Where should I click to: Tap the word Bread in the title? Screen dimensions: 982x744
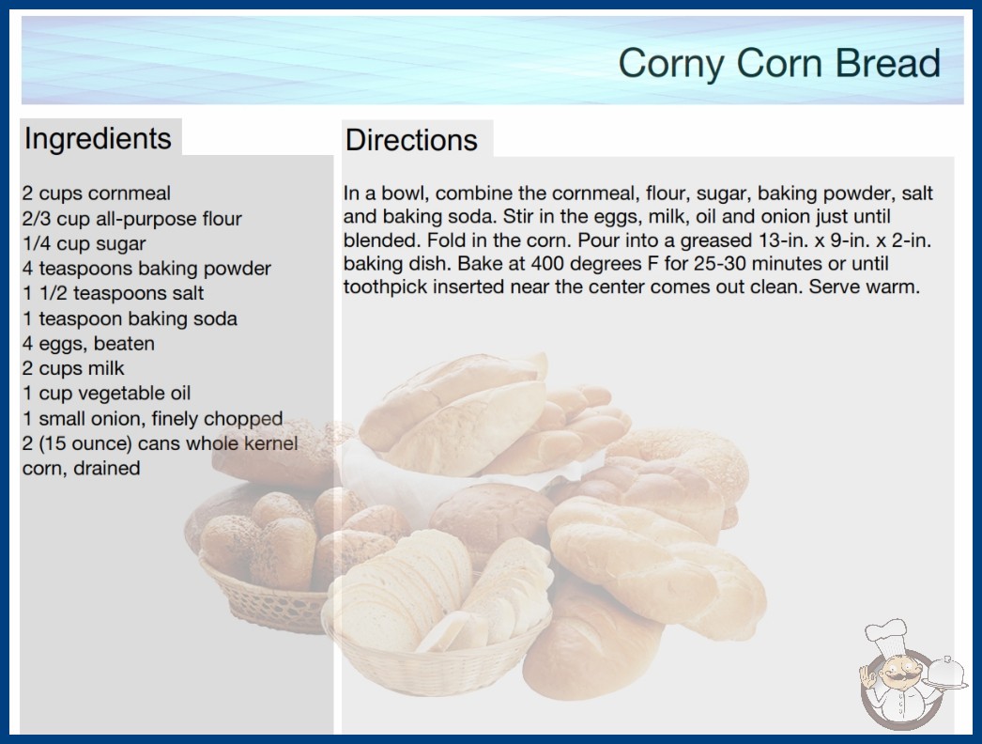point(887,63)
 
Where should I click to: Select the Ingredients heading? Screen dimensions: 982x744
point(98,139)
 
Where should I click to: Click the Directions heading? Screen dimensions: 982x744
point(411,140)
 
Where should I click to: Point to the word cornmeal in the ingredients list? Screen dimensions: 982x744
point(129,194)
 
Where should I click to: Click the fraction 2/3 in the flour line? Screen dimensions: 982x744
point(36,219)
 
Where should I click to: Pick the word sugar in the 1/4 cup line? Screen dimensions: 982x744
point(120,244)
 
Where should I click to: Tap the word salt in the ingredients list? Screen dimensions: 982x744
point(187,293)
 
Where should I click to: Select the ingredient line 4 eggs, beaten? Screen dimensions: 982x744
point(88,344)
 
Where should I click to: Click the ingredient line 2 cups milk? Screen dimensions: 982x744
point(73,368)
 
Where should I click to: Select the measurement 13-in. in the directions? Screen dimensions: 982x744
point(782,240)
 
